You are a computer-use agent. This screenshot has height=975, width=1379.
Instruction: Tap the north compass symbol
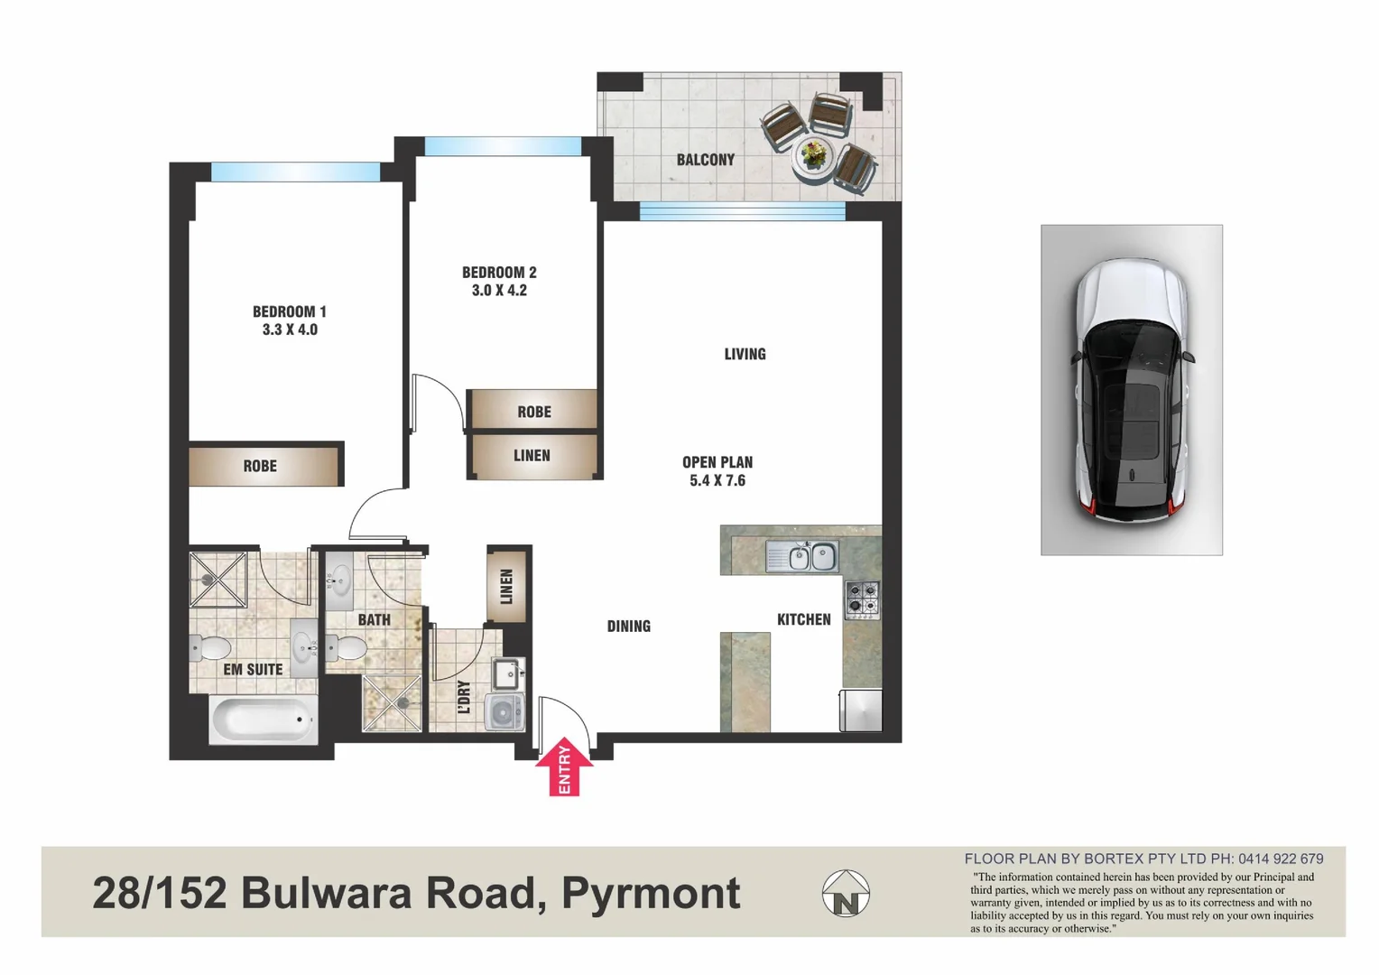(x=846, y=894)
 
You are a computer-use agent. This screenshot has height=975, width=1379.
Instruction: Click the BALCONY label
(x=705, y=160)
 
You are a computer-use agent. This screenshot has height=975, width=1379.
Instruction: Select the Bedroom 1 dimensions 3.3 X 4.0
(x=290, y=330)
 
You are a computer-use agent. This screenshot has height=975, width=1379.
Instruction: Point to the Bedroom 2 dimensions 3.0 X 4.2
(x=499, y=290)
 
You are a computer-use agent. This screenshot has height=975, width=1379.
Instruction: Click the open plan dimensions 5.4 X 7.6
(x=717, y=480)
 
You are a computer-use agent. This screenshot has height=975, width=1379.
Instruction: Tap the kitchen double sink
(x=801, y=556)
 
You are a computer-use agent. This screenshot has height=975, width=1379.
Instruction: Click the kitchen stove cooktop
(x=862, y=599)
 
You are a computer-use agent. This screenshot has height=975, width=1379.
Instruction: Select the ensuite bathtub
(x=263, y=720)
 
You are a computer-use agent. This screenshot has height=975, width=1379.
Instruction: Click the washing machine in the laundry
(x=504, y=711)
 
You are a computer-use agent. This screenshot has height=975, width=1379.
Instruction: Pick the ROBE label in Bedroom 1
(x=260, y=466)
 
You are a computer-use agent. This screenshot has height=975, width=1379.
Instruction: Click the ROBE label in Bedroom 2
(x=534, y=412)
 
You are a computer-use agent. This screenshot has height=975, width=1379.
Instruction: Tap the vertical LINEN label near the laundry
(x=506, y=586)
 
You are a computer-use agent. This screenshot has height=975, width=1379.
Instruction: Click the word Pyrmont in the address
(x=651, y=893)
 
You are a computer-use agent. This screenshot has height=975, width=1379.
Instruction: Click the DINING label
(x=628, y=626)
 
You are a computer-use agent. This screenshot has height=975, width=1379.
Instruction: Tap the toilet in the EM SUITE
(x=211, y=647)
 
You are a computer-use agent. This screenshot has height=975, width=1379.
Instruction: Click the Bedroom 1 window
(x=295, y=172)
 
